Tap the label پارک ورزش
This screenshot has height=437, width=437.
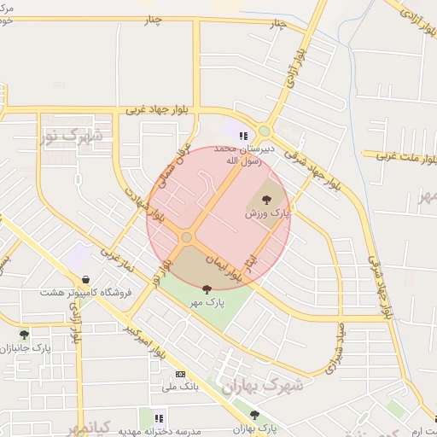pos(265,213)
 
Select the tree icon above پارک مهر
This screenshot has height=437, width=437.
pos(207,289)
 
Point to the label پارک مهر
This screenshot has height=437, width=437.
pos(207,303)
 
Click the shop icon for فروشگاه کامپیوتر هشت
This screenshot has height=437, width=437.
pos(85,279)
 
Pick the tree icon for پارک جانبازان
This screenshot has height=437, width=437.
pos(24,335)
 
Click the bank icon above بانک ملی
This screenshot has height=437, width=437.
pos(180,374)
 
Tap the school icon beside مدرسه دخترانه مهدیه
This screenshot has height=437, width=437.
pos(159,417)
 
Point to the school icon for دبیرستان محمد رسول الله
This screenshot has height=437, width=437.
pos(243,135)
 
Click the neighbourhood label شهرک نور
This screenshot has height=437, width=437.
pos(72,135)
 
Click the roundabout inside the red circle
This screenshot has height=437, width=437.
pos(186,237)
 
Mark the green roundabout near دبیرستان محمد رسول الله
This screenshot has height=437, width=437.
pos(265,131)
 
